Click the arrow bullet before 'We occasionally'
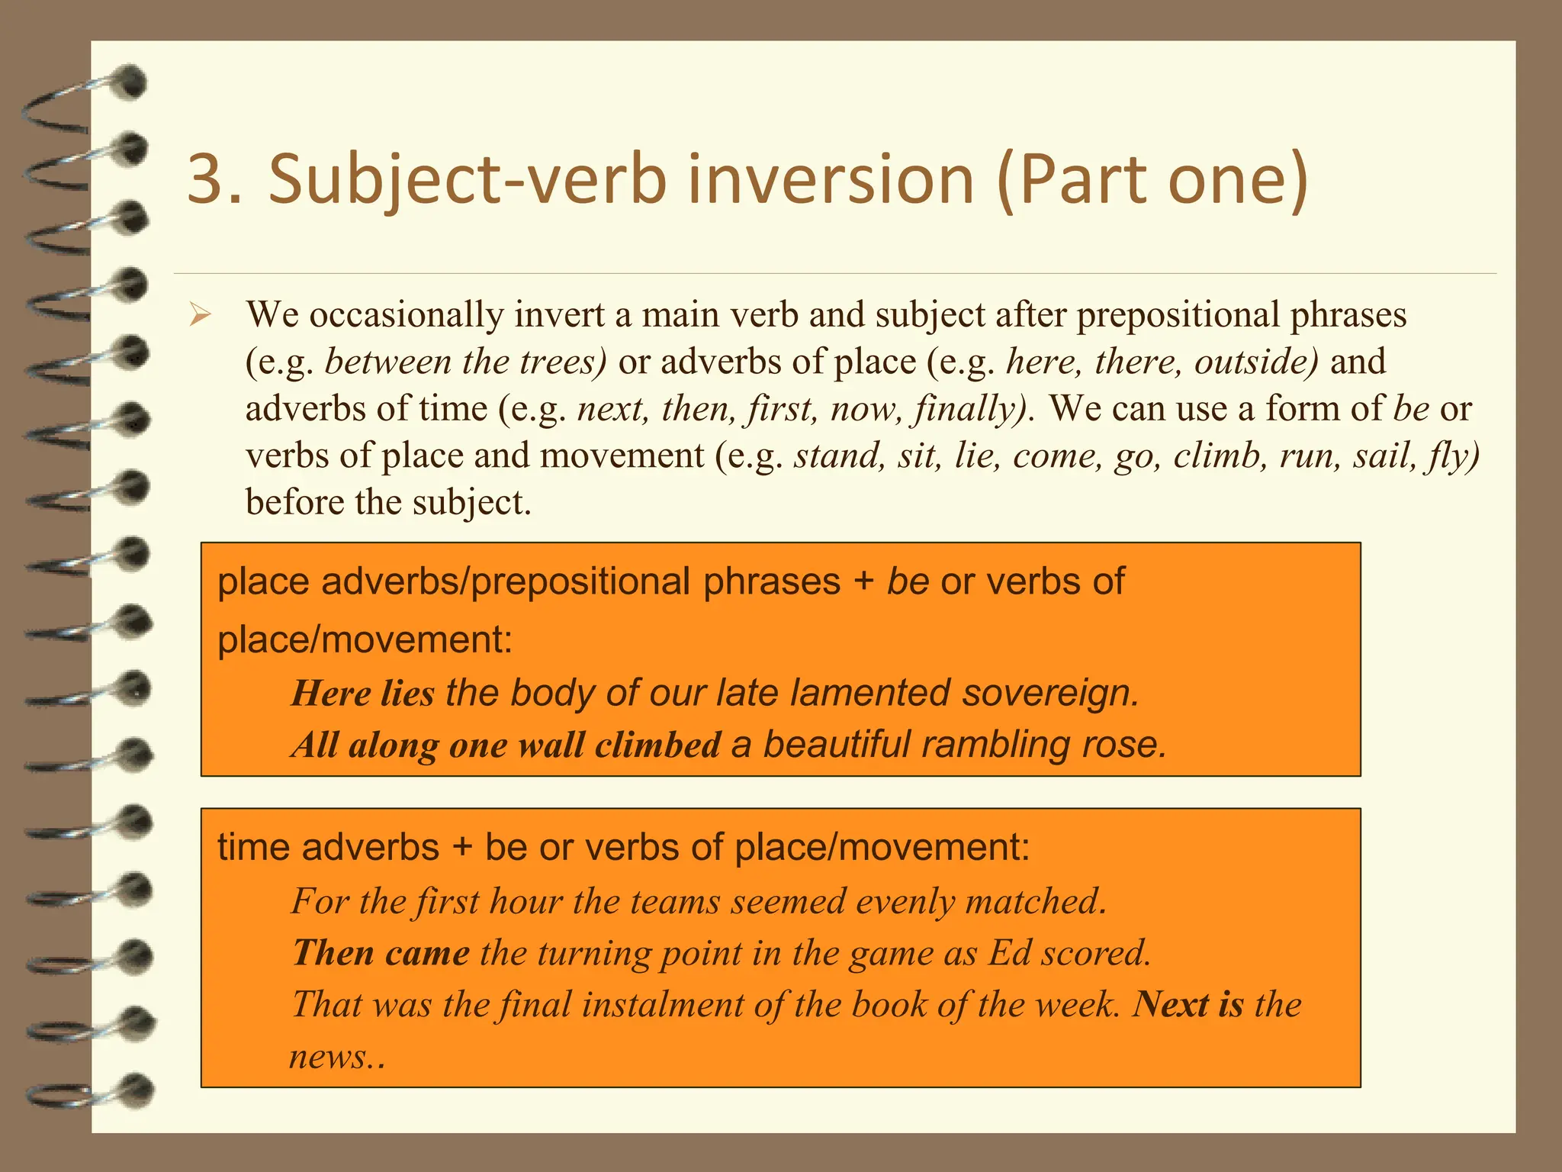pos(200,314)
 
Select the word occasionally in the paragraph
pos(407,314)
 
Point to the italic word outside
pos(1255,362)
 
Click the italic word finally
pos(974,409)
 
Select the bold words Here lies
pos(363,693)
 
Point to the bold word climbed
pos(657,745)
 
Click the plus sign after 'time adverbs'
pos(462,847)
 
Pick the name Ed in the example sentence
pos(1010,953)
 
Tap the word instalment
pos(662,1004)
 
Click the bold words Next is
pos(1188,1004)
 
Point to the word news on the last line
pos(331,1057)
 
